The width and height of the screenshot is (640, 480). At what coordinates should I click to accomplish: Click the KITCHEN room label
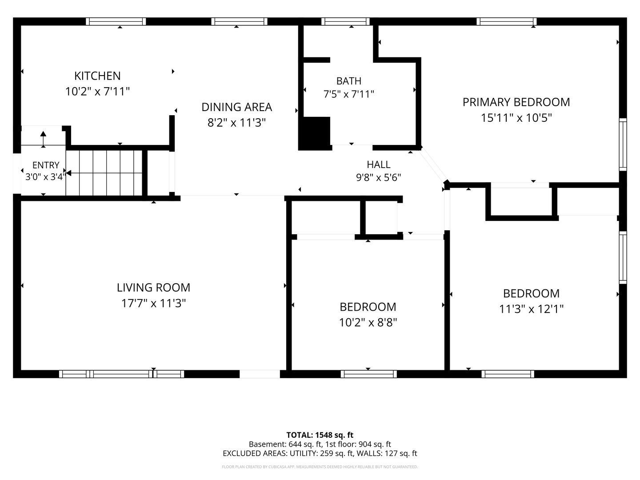click(x=97, y=76)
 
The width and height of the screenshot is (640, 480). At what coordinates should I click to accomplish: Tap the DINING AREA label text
click(x=237, y=107)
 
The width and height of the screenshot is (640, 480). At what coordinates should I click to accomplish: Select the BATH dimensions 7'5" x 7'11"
click(x=349, y=94)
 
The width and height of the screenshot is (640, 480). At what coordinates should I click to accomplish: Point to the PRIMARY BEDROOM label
click(x=516, y=102)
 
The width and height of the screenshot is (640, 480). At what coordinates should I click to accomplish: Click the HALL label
click(x=379, y=164)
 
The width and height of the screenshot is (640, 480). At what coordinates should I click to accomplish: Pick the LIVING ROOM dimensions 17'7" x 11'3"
click(x=153, y=303)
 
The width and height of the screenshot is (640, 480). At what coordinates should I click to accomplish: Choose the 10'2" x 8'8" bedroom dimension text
click(x=368, y=323)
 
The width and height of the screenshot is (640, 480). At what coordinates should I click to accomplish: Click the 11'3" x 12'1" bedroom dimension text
click(x=531, y=309)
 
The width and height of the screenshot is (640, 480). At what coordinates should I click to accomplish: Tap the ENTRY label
click(x=46, y=165)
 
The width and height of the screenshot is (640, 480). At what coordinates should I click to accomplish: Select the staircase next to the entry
click(x=104, y=173)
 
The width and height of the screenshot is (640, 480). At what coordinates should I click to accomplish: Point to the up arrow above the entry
click(x=43, y=139)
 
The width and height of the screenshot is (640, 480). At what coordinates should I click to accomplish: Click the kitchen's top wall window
click(x=116, y=22)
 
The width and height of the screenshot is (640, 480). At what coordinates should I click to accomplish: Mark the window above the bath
click(x=345, y=22)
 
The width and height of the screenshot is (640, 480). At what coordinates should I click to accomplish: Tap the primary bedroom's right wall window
click(x=623, y=144)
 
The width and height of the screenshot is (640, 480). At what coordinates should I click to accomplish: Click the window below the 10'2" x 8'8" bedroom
click(x=368, y=374)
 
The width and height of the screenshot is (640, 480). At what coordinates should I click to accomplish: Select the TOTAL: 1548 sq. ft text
click(x=320, y=435)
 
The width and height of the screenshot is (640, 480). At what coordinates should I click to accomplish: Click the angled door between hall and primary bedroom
click(x=433, y=164)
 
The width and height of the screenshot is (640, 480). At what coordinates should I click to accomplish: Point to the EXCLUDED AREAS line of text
click(x=320, y=453)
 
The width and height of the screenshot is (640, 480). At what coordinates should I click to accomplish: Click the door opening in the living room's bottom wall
click(x=260, y=374)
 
